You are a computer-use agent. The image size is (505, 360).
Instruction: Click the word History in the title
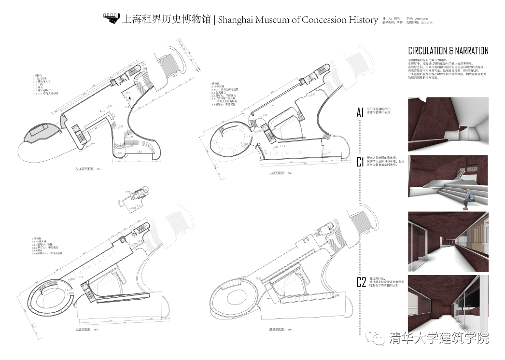pyautogui.click(x=364, y=20)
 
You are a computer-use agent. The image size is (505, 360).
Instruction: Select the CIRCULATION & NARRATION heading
pyautogui.click(x=448, y=51)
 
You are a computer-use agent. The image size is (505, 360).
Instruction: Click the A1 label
pyautogui.click(x=360, y=113)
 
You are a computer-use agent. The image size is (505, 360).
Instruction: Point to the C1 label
pyautogui.click(x=360, y=162)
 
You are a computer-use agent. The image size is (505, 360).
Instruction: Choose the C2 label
pyautogui.click(x=361, y=282)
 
